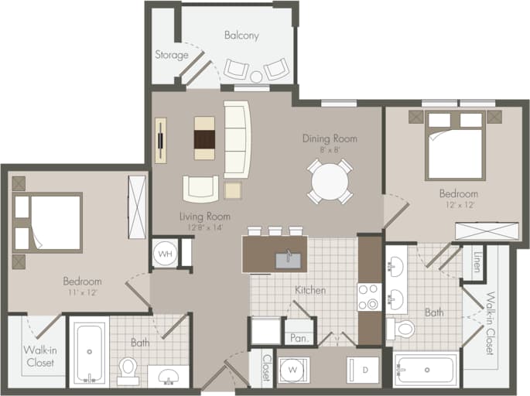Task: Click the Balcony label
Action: pyautogui.click(x=241, y=36)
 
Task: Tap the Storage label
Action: pyautogui.click(x=171, y=55)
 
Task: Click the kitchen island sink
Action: pyautogui.click(x=287, y=256)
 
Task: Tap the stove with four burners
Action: pyautogui.click(x=368, y=297)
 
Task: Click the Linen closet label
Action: pyautogui.click(x=477, y=264)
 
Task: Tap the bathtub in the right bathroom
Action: pyautogui.click(x=425, y=369)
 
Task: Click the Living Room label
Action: pyautogui.click(x=205, y=217)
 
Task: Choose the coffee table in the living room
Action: pyautogui.click(x=204, y=138)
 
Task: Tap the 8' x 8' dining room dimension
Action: pyautogui.click(x=330, y=151)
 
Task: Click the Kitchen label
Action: pyautogui.click(x=309, y=290)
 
